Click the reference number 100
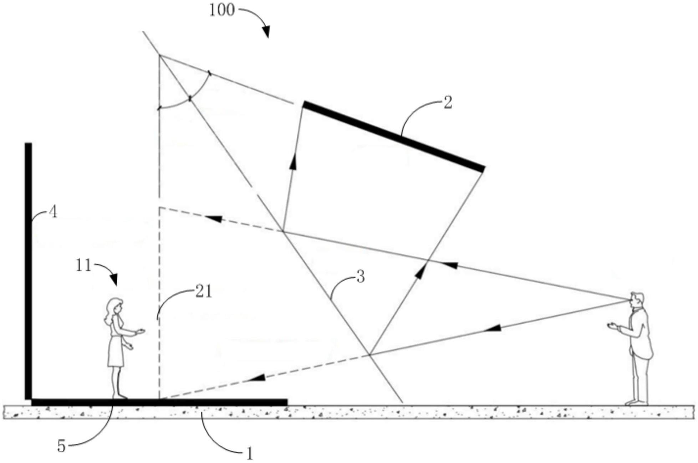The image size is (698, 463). click(x=221, y=10)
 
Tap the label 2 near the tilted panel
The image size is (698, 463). click(x=447, y=103)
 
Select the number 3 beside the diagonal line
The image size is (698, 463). click(x=361, y=276)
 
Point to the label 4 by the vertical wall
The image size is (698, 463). click(x=53, y=212)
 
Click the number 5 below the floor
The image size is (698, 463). click(x=61, y=446)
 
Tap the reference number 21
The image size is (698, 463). click(x=204, y=292)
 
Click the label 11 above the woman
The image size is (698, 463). click(x=83, y=266)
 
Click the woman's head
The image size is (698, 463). click(x=116, y=306)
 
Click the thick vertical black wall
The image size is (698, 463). click(x=28, y=271)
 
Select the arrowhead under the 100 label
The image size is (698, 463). click(x=266, y=33)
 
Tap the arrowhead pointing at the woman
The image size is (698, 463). click(x=115, y=281)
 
